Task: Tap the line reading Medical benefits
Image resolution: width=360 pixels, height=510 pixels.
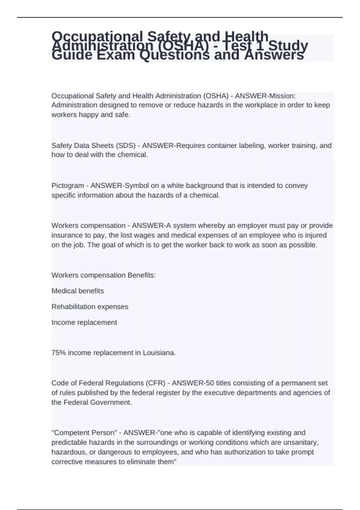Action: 78,291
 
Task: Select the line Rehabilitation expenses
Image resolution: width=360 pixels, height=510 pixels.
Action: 90,307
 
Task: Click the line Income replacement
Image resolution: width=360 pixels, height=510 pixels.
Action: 84,322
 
